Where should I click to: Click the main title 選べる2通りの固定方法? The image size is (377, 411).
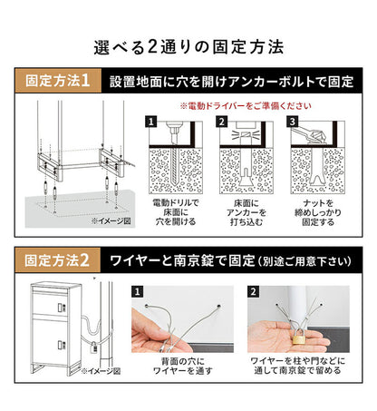click(x=188, y=44)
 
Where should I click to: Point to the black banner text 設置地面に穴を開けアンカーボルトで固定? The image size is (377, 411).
click(x=231, y=81)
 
